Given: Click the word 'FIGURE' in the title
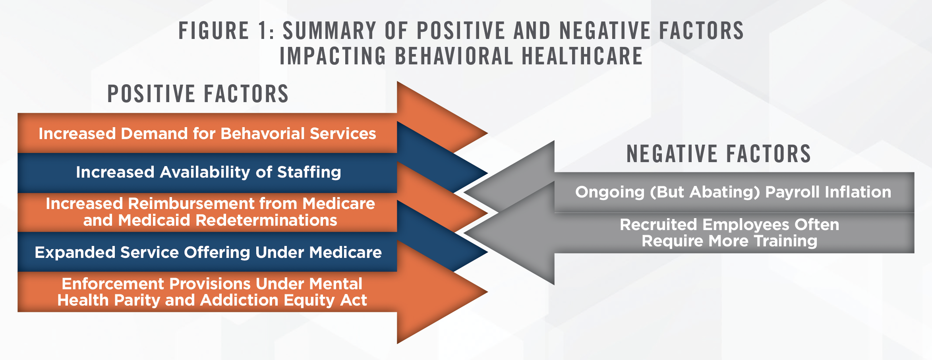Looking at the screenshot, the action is tap(214, 31).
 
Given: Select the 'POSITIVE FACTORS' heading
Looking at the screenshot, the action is tap(198, 94).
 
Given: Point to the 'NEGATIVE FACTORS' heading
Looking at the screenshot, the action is tap(718, 154).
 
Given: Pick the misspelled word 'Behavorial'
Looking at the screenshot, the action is tap(263, 134).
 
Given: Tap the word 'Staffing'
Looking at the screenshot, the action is tap(309, 172).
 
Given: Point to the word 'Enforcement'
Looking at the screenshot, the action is tap(113, 284).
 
